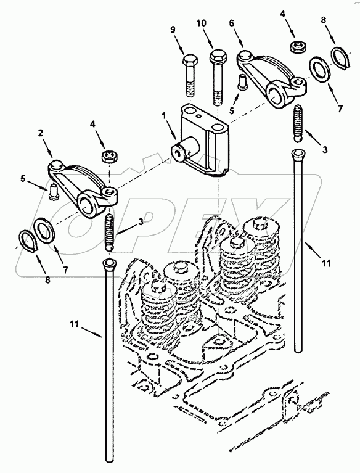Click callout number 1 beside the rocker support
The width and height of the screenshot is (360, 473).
(165, 115)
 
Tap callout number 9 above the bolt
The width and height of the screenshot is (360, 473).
(173, 30)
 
